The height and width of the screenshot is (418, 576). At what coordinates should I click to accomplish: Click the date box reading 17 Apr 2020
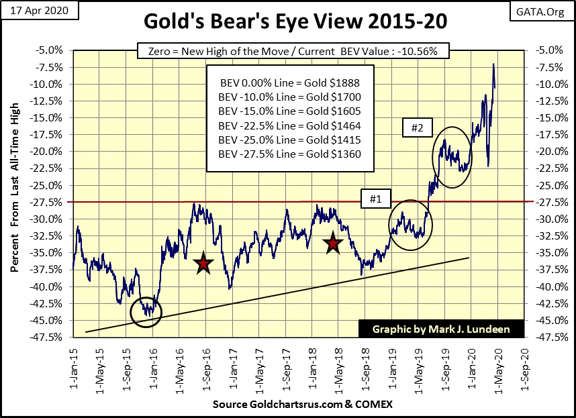click(x=40, y=11)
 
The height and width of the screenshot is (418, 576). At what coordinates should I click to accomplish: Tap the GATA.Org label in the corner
click(x=545, y=11)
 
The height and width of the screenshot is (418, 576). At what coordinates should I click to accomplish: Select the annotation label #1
click(x=375, y=199)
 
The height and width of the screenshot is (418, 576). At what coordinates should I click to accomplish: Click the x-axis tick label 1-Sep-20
click(x=524, y=365)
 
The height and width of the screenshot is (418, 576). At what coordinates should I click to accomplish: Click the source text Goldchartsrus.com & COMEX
click(x=302, y=405)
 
